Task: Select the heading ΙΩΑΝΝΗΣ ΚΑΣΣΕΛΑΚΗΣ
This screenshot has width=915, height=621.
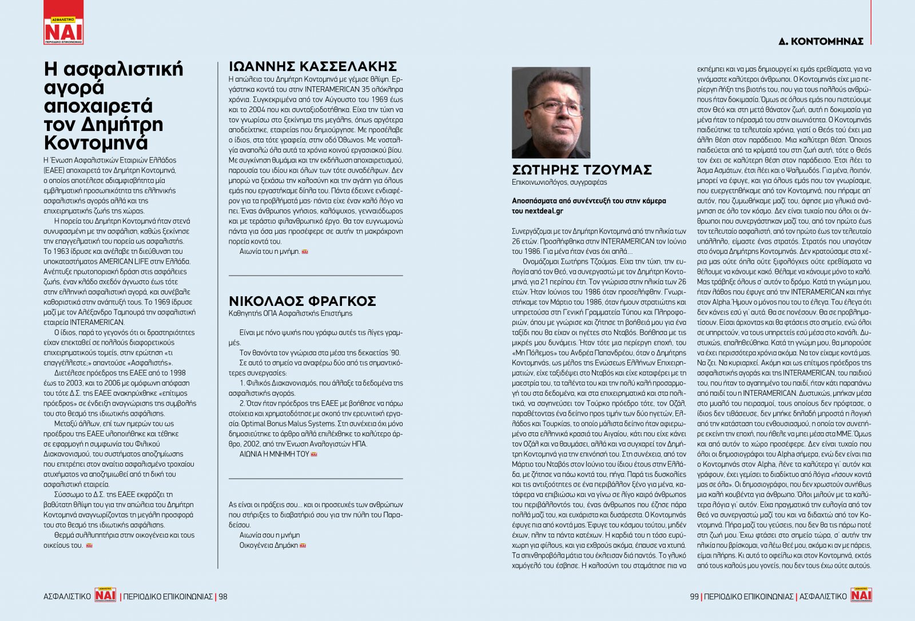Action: tap(312, 66)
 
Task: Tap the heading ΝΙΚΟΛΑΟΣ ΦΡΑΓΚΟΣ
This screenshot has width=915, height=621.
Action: tap(302, 301)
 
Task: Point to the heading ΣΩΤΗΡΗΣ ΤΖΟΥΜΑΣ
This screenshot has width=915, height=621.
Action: tap(582, 170)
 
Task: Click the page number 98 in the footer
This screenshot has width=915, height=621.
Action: tap(222, 596)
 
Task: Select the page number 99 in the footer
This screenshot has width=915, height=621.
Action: tap(694, 596)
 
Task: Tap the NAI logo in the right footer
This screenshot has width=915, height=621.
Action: tap(861, 595)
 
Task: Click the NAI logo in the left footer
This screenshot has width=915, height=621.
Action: tap(105, 595)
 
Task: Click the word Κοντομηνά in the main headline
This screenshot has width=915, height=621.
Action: tap(96, 142)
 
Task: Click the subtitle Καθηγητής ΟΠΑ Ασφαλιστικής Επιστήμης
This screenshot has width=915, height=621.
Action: tap(290, 313)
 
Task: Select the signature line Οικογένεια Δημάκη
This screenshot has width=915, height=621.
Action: tap(269, 546)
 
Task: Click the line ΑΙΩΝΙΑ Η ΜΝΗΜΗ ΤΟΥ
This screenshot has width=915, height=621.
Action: tap(274, 454)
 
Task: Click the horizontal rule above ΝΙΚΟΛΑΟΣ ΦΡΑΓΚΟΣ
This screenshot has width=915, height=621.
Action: tap(316, 276)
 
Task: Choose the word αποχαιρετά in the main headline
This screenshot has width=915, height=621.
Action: tap(98, 106)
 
